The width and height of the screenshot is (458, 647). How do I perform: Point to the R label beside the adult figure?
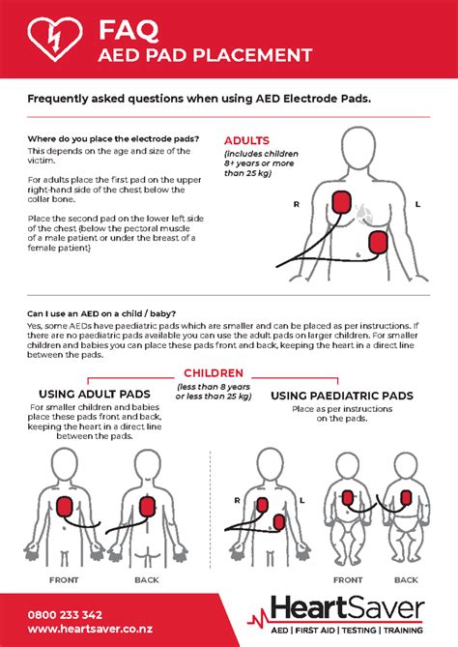[298, 206]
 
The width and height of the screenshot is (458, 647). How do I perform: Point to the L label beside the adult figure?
[417, 206]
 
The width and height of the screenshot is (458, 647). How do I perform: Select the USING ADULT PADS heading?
[94, 394]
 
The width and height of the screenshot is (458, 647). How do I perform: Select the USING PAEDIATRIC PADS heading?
[342, 396]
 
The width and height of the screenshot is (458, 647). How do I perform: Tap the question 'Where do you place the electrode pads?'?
[113, 139]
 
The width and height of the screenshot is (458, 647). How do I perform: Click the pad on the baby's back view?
[405, 504]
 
